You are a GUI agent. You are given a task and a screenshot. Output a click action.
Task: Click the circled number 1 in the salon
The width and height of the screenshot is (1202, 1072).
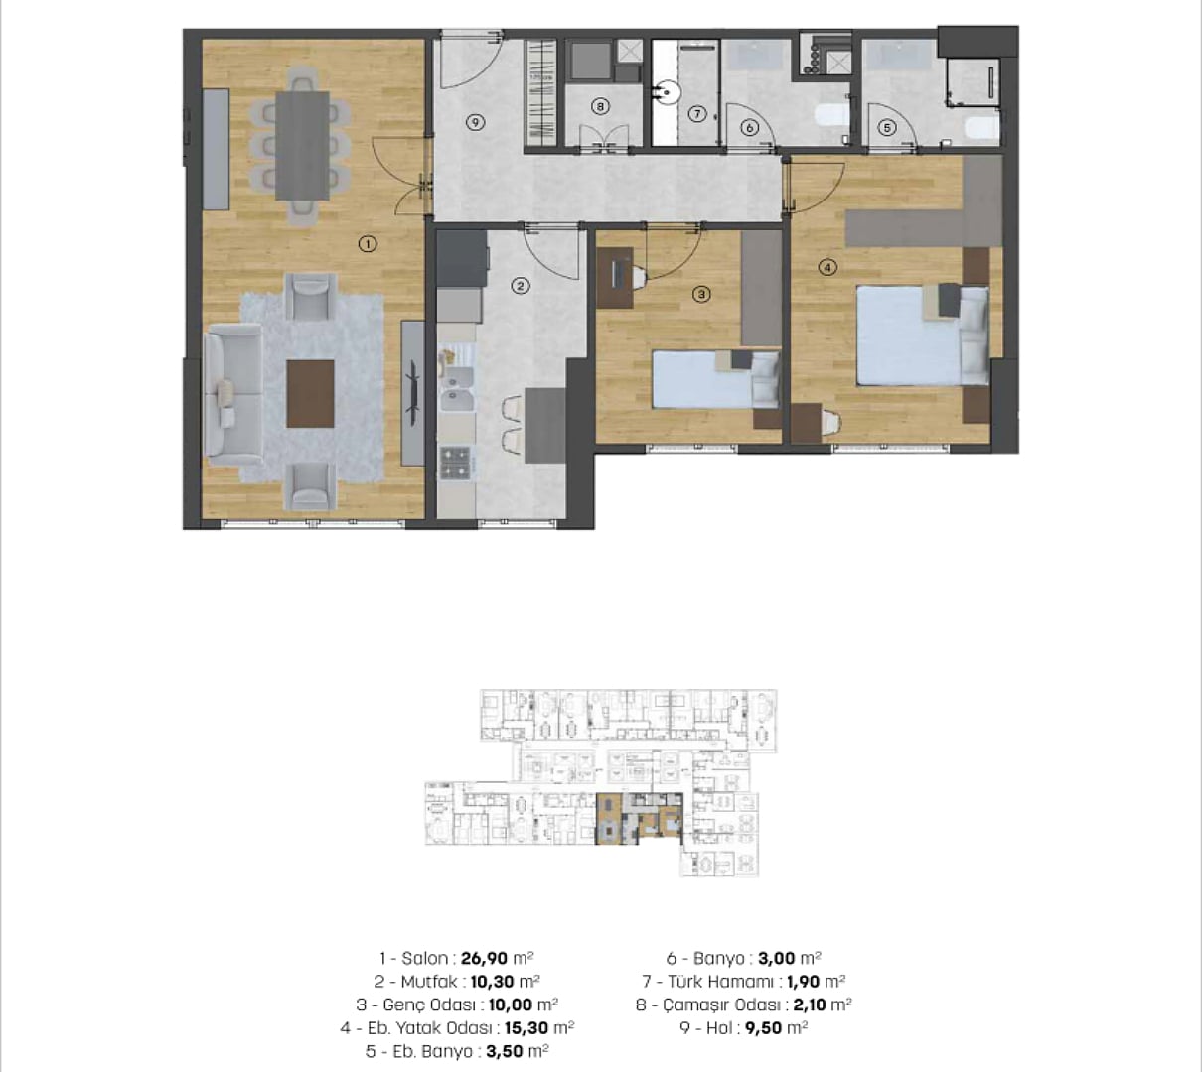click(368, 244)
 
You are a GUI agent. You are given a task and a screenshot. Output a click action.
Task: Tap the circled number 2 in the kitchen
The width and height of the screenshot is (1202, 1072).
click(521, 287)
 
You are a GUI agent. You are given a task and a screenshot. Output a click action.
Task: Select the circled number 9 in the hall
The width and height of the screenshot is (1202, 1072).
click(475, 123)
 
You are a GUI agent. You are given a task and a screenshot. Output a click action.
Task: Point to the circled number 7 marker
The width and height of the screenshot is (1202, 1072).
click(697, 113)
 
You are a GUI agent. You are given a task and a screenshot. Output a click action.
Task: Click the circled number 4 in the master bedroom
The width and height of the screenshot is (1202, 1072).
click(827, 267)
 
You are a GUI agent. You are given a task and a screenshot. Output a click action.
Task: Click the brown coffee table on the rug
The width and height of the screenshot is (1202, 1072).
click(310, 394)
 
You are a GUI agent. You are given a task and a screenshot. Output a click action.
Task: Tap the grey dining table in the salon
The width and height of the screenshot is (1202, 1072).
click(302, 146)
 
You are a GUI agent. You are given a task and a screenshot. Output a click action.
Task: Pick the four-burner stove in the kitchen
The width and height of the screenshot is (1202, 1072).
click(456, 464)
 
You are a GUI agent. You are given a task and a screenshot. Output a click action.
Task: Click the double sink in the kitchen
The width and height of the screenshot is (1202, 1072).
click(457, 389)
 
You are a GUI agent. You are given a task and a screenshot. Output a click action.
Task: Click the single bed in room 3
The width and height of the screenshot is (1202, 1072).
click(715, 379)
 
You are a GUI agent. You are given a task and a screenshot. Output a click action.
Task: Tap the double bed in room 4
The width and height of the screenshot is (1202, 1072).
click(923, 335)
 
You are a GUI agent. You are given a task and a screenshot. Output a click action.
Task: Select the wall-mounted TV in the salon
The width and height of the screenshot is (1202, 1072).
click(414, 393)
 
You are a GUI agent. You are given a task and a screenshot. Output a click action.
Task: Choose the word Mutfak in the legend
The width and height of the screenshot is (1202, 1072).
click(429, 982)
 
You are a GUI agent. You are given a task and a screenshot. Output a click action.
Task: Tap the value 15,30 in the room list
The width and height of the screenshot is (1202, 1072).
click(526, 1027)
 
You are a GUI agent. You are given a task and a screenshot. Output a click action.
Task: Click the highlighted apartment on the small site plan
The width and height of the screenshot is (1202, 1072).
click(639, 819)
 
